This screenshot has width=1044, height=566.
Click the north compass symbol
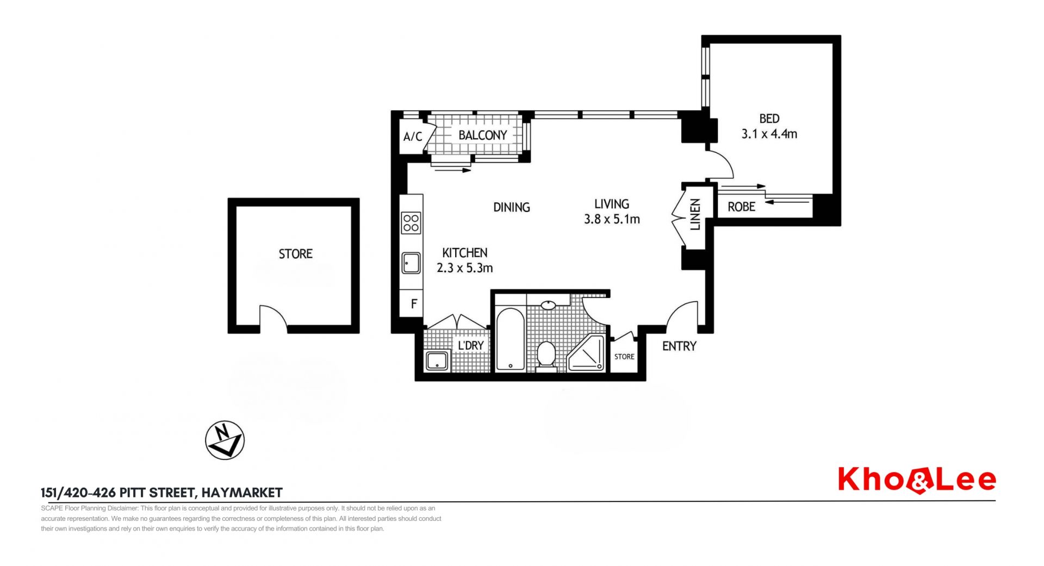pyautogui.click(x=225, y=440)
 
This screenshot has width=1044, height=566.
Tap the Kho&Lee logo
pyautogui.click(x=917, y=480)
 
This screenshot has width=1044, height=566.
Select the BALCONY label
pyautogui.click(x=482, y=135)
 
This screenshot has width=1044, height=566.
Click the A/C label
pyautogui.click(x=413, y=136)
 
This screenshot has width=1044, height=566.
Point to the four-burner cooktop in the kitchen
pyautogui.click(x=411, y=223)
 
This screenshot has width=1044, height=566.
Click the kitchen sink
pyautogui.click(x=411, y=263)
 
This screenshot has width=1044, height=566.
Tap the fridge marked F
pyautogui.click(x=411, y=303)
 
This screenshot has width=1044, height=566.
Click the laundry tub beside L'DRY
pyautogui.click(x=437, y=360)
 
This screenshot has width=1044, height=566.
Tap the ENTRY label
pyautogui.click(x=679, y=346)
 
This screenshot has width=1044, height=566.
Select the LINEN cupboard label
pyautogui.click(x=695, y=214)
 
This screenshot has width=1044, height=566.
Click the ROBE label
pyautogui.click(x=742, y=207)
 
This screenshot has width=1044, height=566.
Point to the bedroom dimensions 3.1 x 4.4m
pyautogui.click(x=769, y=134)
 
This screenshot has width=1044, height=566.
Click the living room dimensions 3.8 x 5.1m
pyautogui.click(x=612, y=219)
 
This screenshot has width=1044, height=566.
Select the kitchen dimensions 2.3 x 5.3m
pyautogui.click(x=465, y=268)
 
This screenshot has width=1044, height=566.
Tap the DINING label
pyautogui.click(x=511, y=207)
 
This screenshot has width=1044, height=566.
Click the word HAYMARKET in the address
pyautogui.click(x=242, y=493)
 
